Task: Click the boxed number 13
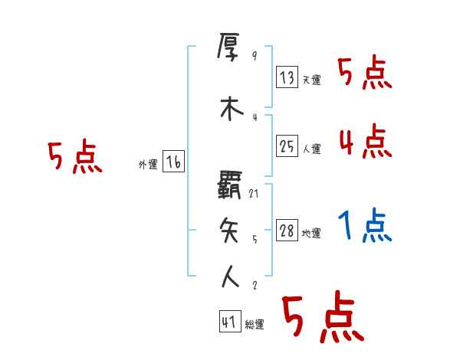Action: pyautogui.click(x=287, y=77)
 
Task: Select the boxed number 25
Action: pyautogui.click(x=287, y=146)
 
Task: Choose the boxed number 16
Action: pyautogui.click(x=172, y=162)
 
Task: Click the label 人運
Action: pyautogui.click(x=311, y=149)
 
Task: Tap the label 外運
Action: pyautogui.click(x=148, y=165)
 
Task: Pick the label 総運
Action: pyautogui.click(x=255, y=325)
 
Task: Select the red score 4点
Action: pyautogui.click(x=365, y=141)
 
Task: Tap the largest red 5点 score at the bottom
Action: pyautogui.click(x=322, y=318)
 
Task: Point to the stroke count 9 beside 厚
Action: pyautogui.click(x=254, y=56)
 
